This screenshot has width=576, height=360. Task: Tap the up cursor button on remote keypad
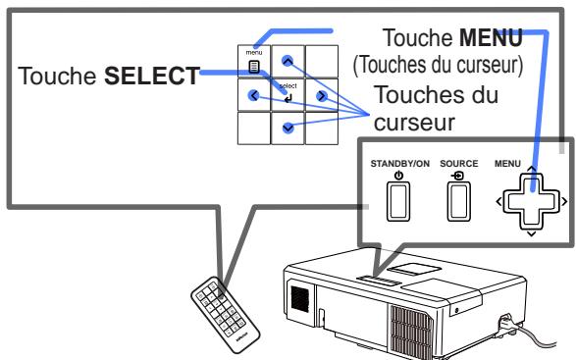pos(287,61)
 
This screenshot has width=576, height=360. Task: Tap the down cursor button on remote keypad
pos(287,128)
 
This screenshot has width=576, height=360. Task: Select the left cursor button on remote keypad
pos(254,95)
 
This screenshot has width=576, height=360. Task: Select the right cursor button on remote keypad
pos(320,95)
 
